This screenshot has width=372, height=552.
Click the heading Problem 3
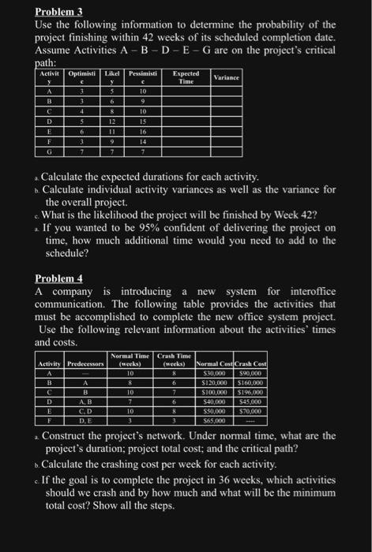pyautogui.click(x=61, y=12)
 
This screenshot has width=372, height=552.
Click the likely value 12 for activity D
pyautogui.click(x=113, y=122)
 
